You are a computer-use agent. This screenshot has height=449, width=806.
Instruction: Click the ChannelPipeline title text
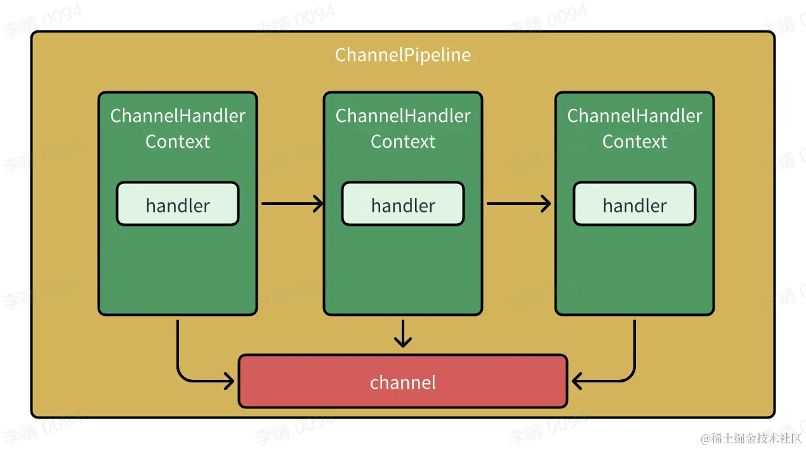403,55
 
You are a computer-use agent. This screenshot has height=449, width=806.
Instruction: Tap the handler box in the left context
178,204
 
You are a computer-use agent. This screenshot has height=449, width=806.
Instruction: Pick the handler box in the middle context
403,204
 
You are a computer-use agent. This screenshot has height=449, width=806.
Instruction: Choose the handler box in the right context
635,204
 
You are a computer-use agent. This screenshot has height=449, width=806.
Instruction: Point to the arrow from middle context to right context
517,204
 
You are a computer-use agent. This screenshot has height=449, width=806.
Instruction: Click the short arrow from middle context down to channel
403,334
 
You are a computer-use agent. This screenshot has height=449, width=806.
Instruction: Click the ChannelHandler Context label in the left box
178,128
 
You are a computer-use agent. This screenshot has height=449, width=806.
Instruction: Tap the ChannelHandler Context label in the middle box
403,128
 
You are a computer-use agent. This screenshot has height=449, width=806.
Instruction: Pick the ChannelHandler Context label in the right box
635,128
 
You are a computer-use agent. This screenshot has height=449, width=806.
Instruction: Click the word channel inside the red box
403,382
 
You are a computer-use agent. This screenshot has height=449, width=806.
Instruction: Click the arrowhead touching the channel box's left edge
229,381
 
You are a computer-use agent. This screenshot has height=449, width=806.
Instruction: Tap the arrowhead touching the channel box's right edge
578,381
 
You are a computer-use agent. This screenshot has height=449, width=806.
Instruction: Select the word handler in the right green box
635,205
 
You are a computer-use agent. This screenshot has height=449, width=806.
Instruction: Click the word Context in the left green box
178,141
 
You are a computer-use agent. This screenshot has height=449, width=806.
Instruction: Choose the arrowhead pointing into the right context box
546,204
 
